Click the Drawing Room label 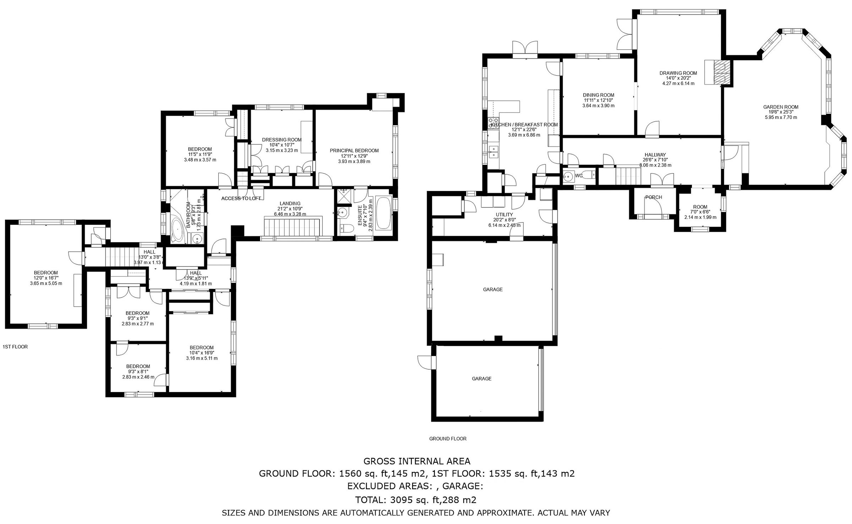coord(678,73)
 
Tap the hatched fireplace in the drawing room coord(720,72)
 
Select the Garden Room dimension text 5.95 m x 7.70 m coord(781,117)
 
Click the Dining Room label coord(598,95)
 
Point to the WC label coord(578,176)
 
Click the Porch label coord(654,197)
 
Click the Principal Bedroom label coord(354,151)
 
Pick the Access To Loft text coord(241,198)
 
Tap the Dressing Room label coord(282,140)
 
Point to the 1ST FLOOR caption coord(15,347)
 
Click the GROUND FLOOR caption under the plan coord(448,439)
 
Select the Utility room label coord(504,215)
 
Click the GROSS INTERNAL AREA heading coord(417,461)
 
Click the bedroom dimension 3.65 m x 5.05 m coord(46,283)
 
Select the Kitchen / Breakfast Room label coord(524,125)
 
